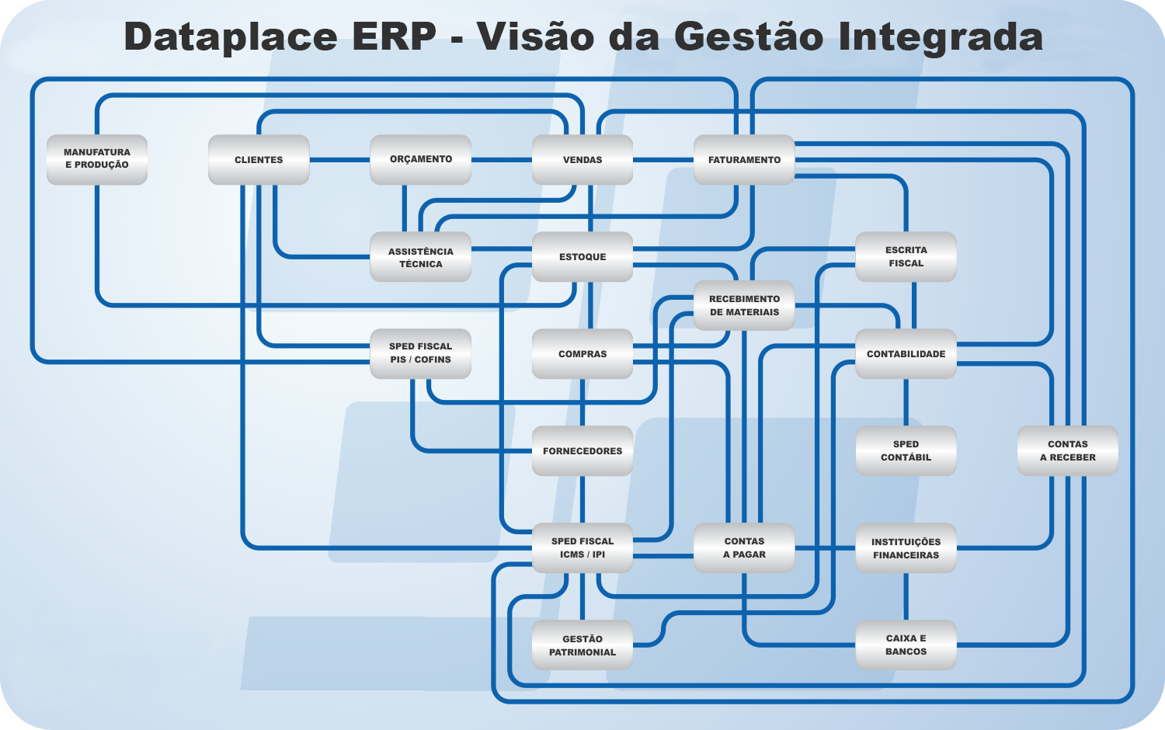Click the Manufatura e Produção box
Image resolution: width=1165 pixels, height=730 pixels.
(x=97, y=160)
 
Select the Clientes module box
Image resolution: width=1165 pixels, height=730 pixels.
(x=259, y=160)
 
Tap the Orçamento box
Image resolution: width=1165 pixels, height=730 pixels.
(x=420, y=160)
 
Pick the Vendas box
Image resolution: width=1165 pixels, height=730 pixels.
(x=582, y=160)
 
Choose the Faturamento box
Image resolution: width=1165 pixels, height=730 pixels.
(x=744, y=160)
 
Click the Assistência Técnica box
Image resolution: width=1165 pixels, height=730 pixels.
(x=420, y=257)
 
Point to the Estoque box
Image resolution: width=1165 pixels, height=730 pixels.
(x=582, y=257)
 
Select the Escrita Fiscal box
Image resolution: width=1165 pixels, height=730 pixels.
(x=906, y=257)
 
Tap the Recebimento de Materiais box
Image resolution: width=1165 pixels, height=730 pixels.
(x=744, y=305)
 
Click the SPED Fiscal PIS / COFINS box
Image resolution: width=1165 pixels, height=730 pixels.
(x=420, y=353)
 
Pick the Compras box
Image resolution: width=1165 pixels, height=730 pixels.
(x=582, y=353)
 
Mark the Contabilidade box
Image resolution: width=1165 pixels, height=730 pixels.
(x=906, y=353)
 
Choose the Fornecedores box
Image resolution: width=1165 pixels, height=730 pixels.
(x=582, y=450)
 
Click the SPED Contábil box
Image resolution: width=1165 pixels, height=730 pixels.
(x=906, y=450)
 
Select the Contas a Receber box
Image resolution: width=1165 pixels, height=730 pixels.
(x=1068, y=450)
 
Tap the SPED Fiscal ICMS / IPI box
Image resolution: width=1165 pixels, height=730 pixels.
(x=582, y=548)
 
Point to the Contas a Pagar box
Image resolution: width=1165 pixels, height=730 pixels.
(x=744, y=548)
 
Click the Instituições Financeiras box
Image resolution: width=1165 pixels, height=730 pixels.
(x=906, y=548)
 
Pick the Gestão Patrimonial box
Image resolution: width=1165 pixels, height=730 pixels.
(x=582, y=645)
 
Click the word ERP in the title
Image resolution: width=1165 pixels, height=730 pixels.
(x=395, y=36)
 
